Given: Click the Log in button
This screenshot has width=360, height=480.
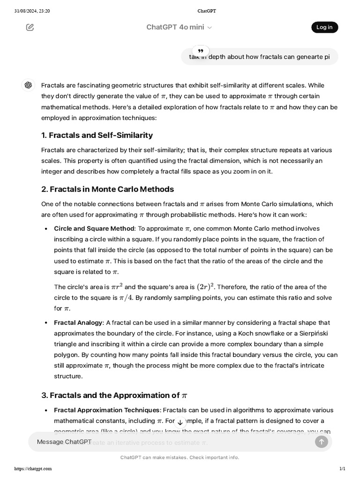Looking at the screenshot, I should point(324,27).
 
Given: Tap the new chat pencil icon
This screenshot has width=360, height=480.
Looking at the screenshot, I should point(30,27).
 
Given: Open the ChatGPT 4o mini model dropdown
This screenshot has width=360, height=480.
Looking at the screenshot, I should point(179,27).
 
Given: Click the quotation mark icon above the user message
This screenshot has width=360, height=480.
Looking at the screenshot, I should point(201,51).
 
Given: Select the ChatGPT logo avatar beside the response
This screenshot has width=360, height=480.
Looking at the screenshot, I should point(28,85).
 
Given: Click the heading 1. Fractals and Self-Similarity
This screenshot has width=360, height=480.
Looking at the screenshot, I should point(97,135).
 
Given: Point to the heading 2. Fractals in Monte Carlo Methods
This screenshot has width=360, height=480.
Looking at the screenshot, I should point(107,189).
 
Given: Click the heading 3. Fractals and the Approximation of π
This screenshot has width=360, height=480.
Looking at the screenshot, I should point(114,395).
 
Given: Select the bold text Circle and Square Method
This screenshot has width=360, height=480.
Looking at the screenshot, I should point(94,229).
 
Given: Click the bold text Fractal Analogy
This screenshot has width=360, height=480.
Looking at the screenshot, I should point(78,322).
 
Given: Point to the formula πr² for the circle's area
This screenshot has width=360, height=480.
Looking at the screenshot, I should point(117,287).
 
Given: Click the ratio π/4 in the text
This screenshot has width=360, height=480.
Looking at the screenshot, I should point(126,298).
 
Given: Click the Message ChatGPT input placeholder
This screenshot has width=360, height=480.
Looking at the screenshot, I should point(64,442).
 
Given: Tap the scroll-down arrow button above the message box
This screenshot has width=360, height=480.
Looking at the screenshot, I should point(180,422).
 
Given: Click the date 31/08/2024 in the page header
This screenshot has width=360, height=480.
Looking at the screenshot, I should point(26,11).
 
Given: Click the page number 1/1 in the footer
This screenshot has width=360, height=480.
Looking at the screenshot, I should point(342,468).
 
